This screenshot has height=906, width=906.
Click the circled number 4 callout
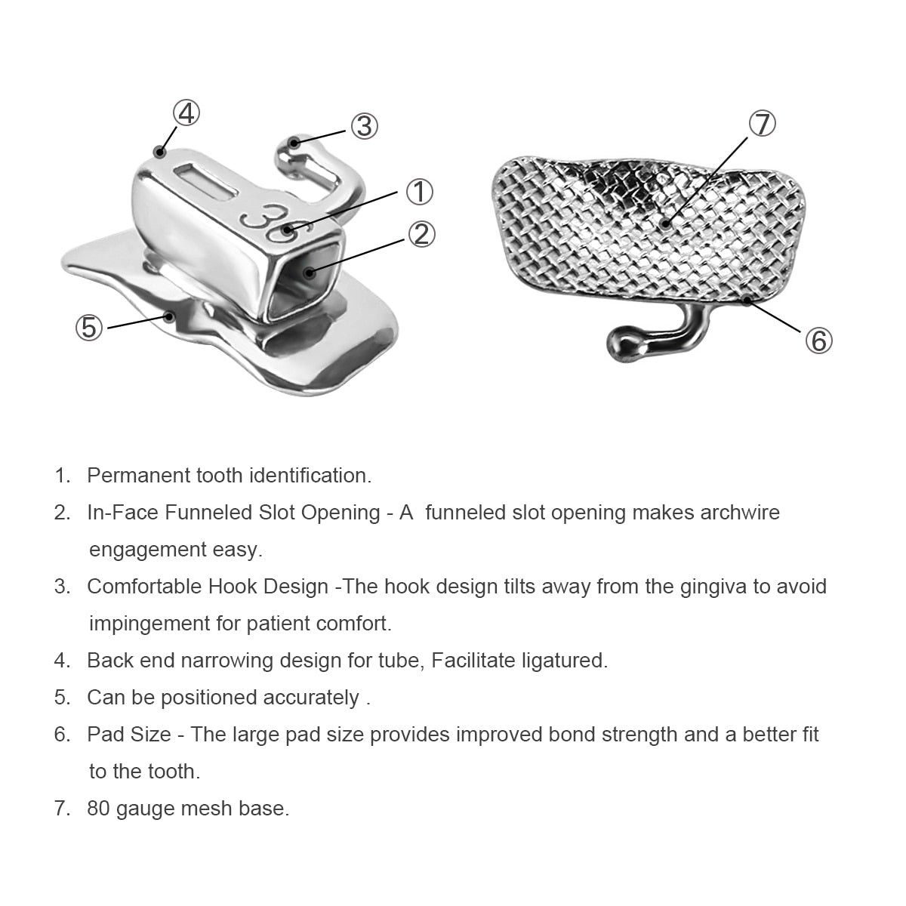click(x=186, y=113)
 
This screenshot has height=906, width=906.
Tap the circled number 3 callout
click(x=365, y=127)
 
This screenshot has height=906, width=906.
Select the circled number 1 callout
click(x=419, y=192)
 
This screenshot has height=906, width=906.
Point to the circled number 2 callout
click(x=421, y=234)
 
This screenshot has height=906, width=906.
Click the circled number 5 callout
click(x=89, y=327)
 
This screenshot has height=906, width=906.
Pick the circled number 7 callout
click(x=762, y=124)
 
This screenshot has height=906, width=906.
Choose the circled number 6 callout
click(x=818, y=341)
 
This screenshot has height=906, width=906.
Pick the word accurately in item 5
click(x=311, y=698)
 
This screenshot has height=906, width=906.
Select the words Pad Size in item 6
click(x=129, y=735)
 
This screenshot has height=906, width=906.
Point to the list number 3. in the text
click(x=62, y=587)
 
